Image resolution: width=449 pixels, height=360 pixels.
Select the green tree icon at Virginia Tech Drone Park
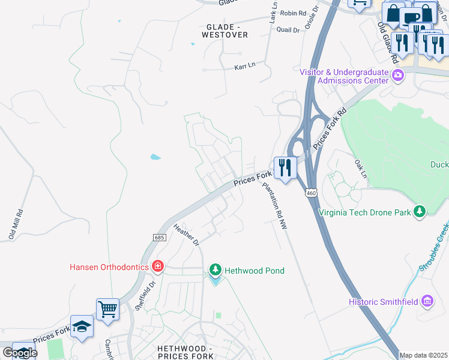(420, 211)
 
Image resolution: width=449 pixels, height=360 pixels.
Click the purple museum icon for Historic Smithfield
(427, 301)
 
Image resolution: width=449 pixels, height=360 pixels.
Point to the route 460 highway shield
(310, 193)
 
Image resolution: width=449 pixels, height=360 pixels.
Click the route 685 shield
(159, 238)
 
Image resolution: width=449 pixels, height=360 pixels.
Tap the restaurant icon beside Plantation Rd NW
(284, 168)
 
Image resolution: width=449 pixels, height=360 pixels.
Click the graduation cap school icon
(82, 327)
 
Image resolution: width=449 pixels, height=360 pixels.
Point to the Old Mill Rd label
(16, 224)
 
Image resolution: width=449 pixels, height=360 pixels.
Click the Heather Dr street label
(186, 235)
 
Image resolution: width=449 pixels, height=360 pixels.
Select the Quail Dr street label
(288, 29)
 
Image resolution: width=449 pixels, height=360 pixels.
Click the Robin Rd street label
(293, 13)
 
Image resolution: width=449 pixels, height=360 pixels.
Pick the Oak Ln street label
(360, 169)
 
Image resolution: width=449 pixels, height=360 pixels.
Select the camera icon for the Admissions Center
(397, 76)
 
